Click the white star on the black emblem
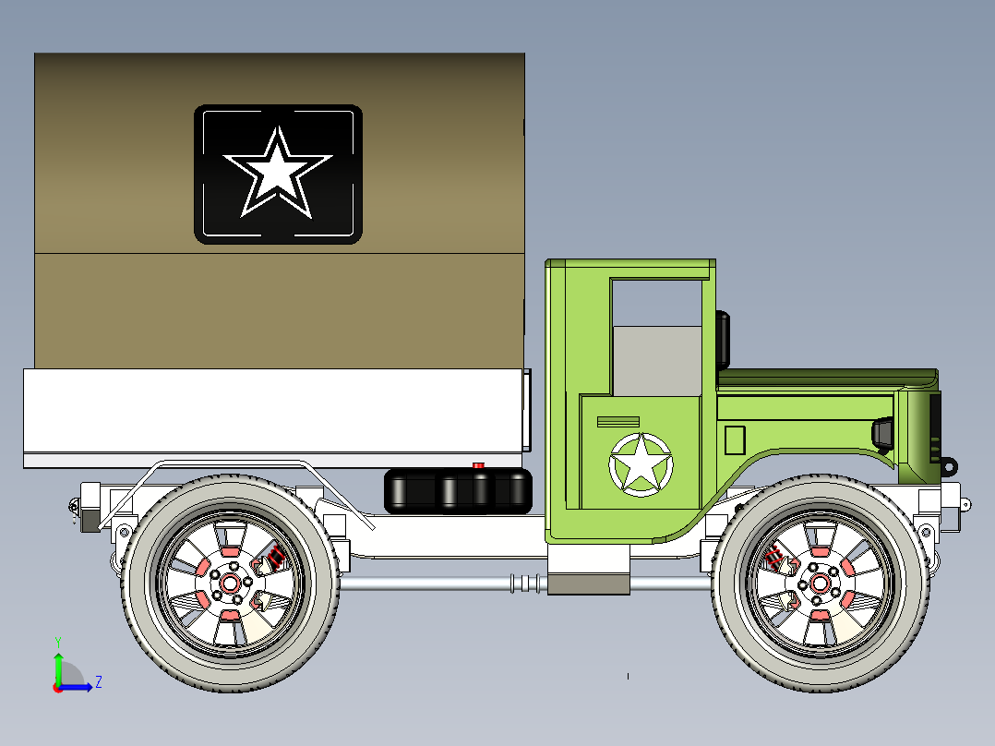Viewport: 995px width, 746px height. [276, 174]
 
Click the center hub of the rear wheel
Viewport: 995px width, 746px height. [230, 584]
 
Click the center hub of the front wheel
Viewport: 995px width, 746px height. [818, 583]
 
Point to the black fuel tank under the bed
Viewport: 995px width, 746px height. [458, 490]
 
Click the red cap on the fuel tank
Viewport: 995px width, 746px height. [478, 465]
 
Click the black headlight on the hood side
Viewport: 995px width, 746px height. [883, 432]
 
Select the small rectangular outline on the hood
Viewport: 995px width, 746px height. [735, 440]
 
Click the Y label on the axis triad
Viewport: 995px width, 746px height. [57, 641]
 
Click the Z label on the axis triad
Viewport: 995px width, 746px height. [98, 682]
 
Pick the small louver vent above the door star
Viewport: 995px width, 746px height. [617, 422]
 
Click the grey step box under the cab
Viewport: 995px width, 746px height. [588, 583]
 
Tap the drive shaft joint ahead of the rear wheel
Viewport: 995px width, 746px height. [525, 584]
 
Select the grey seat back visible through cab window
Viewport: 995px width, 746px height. [657, 359]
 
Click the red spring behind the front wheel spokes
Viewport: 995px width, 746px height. [775, 556]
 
